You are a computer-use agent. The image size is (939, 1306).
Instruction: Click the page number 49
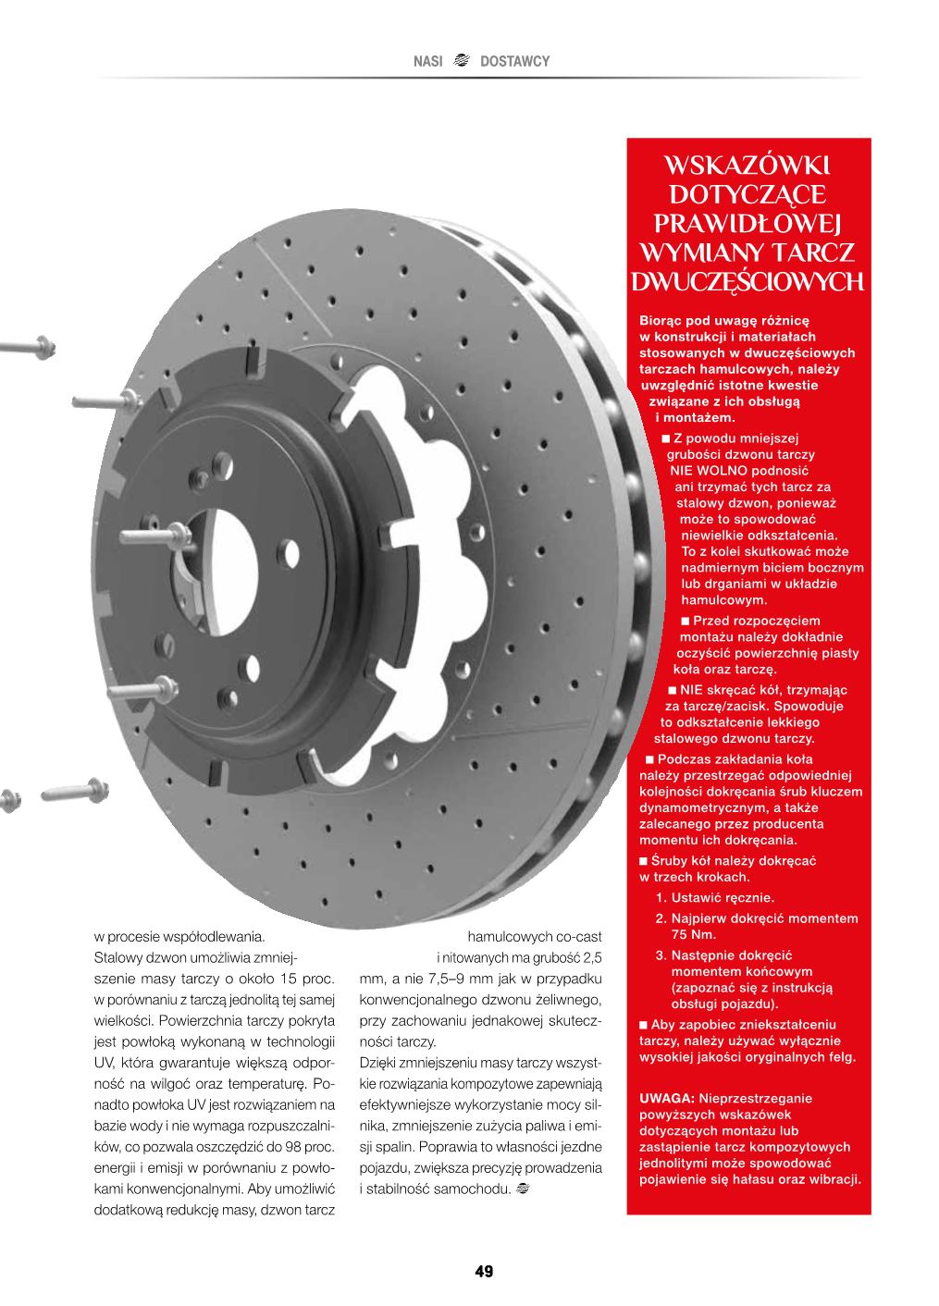[484, 1271]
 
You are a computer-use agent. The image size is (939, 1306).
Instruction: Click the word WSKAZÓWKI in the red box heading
[749, 165]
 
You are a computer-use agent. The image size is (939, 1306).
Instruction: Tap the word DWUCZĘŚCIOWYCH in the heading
[749, 280]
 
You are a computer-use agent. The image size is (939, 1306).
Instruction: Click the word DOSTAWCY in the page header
[515, 61]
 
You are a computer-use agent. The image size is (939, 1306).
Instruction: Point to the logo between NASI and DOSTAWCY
[463, 61]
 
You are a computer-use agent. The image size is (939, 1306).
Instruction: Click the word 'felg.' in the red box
[841, 1057]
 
